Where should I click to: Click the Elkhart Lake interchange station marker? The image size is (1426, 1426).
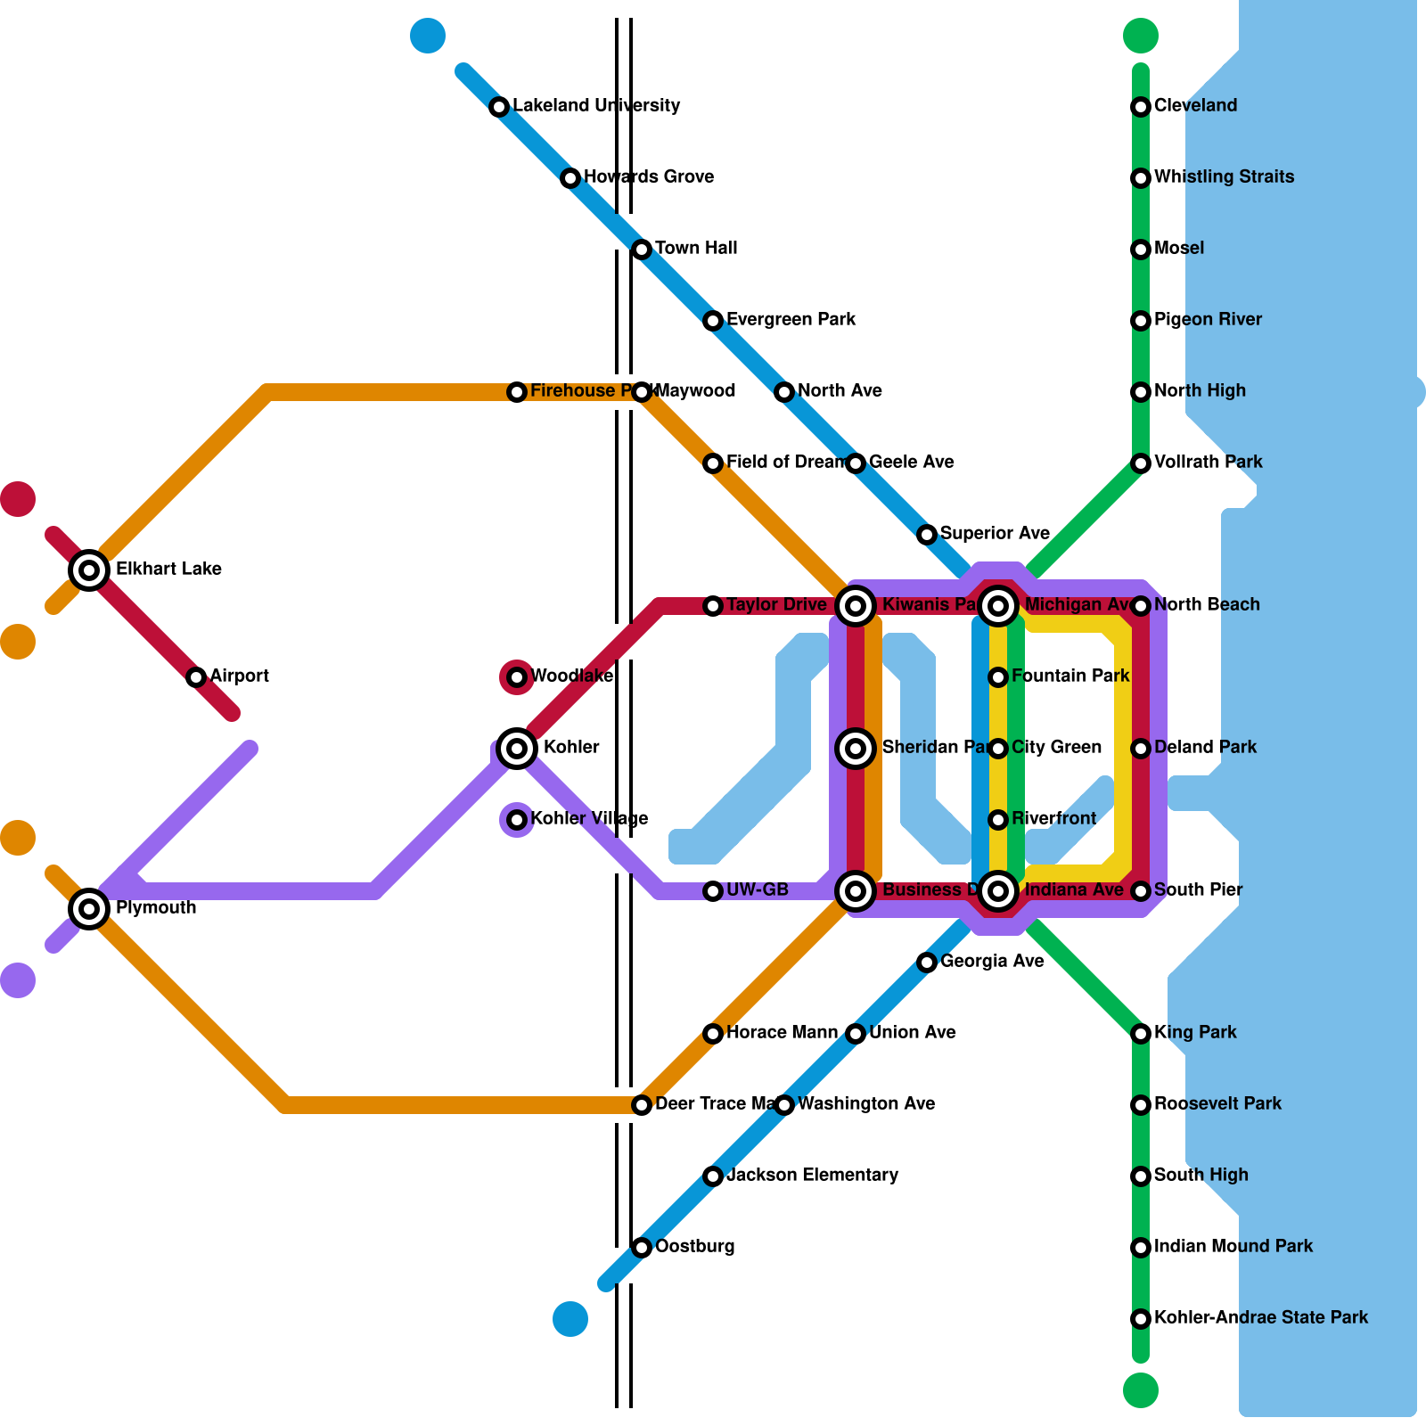point(89,570)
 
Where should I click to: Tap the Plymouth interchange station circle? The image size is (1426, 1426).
point(89,908)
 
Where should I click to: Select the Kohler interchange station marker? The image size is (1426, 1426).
point(517,748)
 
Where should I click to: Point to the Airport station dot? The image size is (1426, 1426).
point(196,677)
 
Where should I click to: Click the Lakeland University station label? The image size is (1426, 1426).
point(596,106)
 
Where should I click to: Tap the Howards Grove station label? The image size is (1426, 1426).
point(648,177)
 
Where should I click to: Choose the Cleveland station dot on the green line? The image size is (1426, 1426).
point(1141,107)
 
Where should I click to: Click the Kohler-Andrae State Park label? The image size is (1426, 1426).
point(1260,1317)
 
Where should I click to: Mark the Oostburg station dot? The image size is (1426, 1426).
point(642,1247)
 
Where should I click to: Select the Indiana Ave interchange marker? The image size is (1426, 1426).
point(998,889)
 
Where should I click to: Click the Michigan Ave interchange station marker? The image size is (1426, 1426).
point(998,606)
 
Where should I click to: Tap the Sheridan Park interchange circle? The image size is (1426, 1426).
point(856,749)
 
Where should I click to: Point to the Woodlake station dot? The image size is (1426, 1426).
point(517,677)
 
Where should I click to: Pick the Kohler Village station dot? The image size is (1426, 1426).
point(517,819)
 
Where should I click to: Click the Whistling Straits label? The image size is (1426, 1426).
point(1224,177)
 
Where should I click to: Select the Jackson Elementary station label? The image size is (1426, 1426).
point(812,1176)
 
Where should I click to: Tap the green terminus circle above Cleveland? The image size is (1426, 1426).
point(1141,36)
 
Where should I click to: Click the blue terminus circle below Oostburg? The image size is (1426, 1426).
point(570,1319)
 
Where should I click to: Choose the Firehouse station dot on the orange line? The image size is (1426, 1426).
point(517,392)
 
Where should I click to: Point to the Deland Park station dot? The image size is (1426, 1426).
point(1141,749)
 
